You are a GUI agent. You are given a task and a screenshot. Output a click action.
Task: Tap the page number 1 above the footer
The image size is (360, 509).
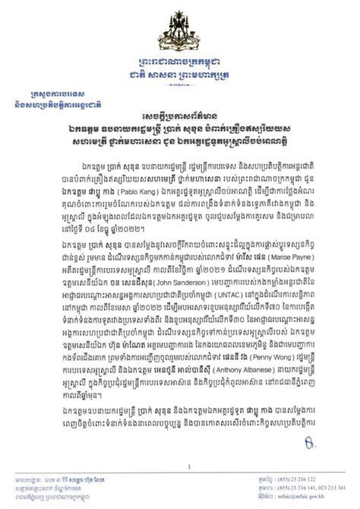coord(180,466)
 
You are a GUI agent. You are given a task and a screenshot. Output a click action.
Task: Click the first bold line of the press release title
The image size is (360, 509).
coord(180,131)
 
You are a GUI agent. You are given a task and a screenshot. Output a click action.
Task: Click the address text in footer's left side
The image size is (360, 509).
coord(84,486)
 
